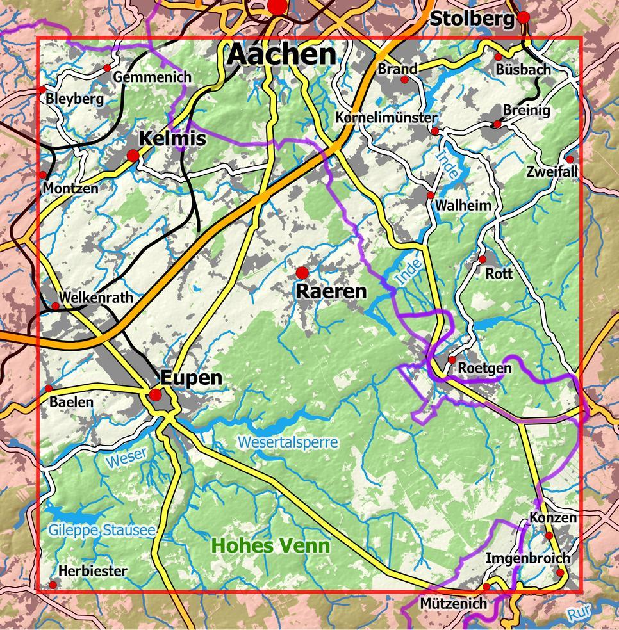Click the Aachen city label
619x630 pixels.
coord(282,55)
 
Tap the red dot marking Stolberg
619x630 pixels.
coord(524,17)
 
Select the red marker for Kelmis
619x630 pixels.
coord(133,155)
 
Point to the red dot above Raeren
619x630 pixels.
coord(302,273)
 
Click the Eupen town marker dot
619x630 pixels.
coord(155,395)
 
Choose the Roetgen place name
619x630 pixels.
coord(484,368)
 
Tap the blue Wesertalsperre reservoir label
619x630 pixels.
coord(287,442)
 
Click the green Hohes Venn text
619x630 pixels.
coord(270,546)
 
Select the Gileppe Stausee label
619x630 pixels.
coord(101,530)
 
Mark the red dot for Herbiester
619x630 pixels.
coord(53,585)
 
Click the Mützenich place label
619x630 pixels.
coord(453,604)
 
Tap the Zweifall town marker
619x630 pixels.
coord(570,159)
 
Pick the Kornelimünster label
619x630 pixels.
coord(386,118)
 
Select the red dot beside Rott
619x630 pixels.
coord(483,259)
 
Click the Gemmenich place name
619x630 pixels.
coord(152,77)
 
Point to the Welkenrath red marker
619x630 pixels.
coord(55,306)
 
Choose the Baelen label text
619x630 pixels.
coord(71,402)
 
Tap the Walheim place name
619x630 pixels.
coord(463,206)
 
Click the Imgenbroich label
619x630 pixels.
coord(527,558)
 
